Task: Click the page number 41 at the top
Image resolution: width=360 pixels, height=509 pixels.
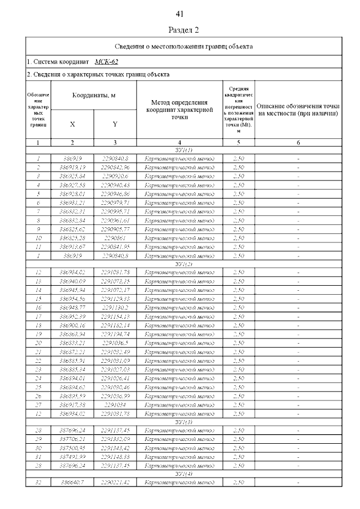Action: [180, 13]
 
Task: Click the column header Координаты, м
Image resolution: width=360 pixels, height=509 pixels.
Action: [94, 96]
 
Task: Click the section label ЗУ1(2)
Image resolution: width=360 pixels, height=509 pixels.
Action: [184, 264]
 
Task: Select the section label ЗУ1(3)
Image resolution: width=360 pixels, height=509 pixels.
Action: [184, 421]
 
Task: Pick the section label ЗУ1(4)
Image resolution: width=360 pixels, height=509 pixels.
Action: [184, 474]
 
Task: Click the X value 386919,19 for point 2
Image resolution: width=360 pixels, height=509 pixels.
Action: [72, 168]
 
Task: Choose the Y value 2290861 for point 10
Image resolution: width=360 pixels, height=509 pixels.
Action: [115, 238]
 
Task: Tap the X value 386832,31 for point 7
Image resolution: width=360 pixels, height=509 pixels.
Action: [72, 211]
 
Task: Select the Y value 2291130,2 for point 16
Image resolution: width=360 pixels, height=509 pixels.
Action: [115, 308]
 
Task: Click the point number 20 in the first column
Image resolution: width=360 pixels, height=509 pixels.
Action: [38, 343]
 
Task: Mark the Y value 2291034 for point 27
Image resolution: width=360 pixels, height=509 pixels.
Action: [115, 404]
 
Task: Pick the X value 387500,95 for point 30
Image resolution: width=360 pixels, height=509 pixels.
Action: [72, 448]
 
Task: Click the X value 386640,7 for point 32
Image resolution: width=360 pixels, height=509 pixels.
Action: [72, 483]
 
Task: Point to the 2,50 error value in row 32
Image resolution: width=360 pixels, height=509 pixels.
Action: [238, 483]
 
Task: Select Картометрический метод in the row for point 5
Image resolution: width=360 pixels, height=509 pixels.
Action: [179, 194]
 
